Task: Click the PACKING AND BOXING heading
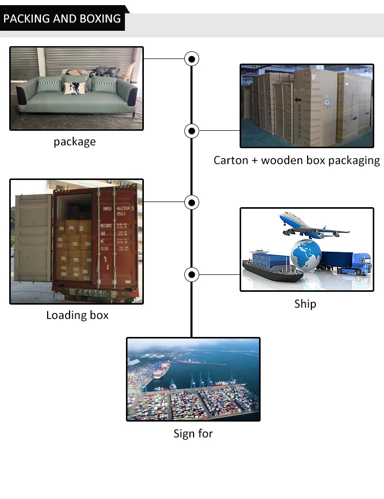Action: [62, 19]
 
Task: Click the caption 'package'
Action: [75, 142]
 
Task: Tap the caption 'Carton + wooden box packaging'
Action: [296, 160]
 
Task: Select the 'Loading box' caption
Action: [77, 315]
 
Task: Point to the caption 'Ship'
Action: [305, 304]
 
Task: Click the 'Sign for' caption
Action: [193, 433]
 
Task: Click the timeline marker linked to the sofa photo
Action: [191, 59]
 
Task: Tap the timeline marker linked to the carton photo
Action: [191, 131]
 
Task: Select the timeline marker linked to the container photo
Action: [191, 203]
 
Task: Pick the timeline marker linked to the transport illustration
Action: [191, 274]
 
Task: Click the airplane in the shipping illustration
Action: [310, 226]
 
